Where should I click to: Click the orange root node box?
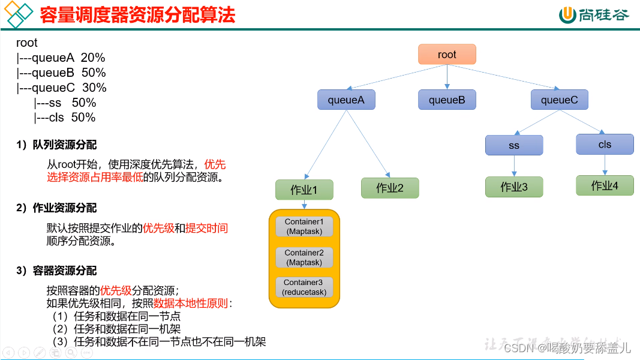coord(447,55)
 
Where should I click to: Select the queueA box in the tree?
coord(346,100)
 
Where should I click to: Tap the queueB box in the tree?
coord(447,100)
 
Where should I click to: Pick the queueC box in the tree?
coord(559,100)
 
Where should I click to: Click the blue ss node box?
coord(514,145)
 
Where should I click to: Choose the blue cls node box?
coord(605,145)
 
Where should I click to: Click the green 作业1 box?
coord(304,190)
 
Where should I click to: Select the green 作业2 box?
coord(390,188)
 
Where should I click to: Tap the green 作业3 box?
coord(514,187)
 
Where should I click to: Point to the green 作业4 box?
coord(605,185)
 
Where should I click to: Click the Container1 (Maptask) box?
coord(304,227)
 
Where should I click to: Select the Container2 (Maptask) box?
coord(304,257)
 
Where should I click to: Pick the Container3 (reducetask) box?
coord(304,287)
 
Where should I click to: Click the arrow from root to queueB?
coord(447,77)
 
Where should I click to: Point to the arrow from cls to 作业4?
coord(605,165)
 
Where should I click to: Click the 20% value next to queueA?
coord(93,58)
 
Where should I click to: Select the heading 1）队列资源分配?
coord(56,145)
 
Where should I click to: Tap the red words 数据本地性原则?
coord(191,303)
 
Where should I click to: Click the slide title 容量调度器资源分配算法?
coord(137,16)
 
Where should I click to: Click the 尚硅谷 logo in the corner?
coord(594,15)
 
